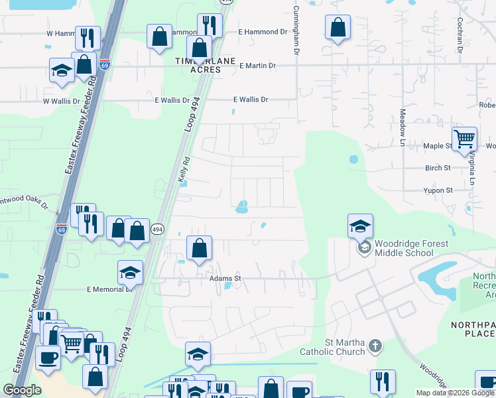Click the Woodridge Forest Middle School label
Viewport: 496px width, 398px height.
coord(411,248)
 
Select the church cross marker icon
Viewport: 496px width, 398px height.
coord(375,346)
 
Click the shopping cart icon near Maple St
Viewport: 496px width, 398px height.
coord(464,139)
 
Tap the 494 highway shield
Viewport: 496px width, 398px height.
coord(156,229)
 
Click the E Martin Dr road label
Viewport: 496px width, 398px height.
coord(257,66)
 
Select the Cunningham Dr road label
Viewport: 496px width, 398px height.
coord(296,32)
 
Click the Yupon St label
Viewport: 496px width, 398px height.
coord(439,190)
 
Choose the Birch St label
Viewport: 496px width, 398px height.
coord(438,168)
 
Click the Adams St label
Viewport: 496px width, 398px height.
coord(224,279)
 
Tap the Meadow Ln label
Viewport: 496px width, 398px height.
coord(402,128)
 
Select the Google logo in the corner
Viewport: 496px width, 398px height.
coord(22,390)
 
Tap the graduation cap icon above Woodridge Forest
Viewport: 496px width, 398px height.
coord(360,226)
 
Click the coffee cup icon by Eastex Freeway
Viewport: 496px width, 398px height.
coord(48,357)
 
